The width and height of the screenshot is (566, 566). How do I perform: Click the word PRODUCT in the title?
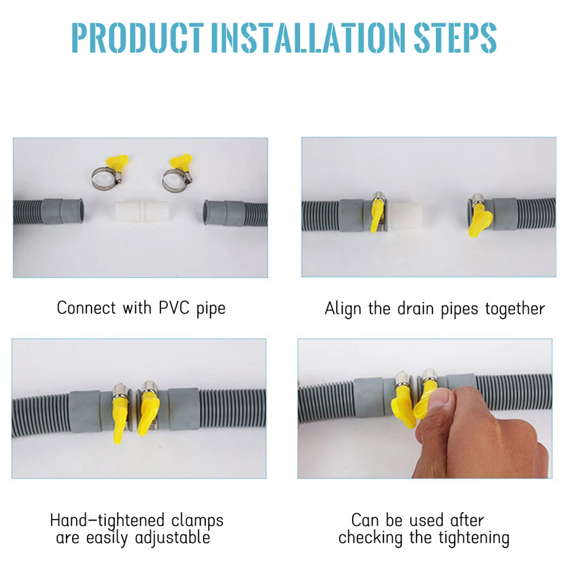coord(137,37)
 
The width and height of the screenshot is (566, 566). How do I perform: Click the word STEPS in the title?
coord(455,37)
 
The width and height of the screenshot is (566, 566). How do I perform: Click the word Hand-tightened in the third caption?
coord(107,521)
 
